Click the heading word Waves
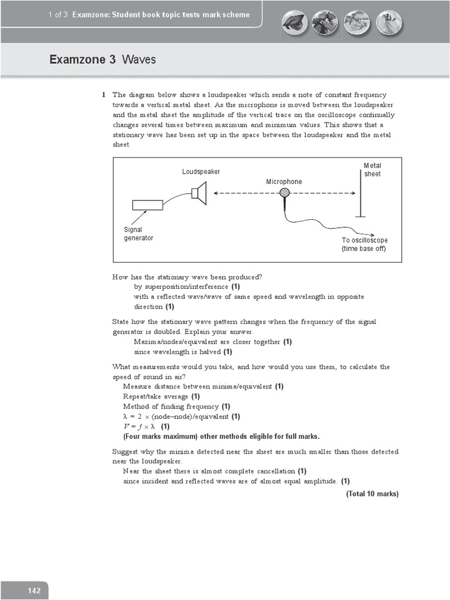pos(139,60)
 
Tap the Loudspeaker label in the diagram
pos(201,172)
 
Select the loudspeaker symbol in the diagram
pos(199,193)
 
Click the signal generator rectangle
pos(148,204)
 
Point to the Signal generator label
pos(138,234)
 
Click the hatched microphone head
pos(285,193)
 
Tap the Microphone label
pos(284,182)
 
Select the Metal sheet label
pos(372,170)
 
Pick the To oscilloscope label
pos(364,244)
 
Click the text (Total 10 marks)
pos(372,494)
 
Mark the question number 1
pos(103,95)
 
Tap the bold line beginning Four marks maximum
pos(221,437)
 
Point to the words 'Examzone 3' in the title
pos(83,60)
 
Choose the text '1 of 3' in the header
pos(59,15)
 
